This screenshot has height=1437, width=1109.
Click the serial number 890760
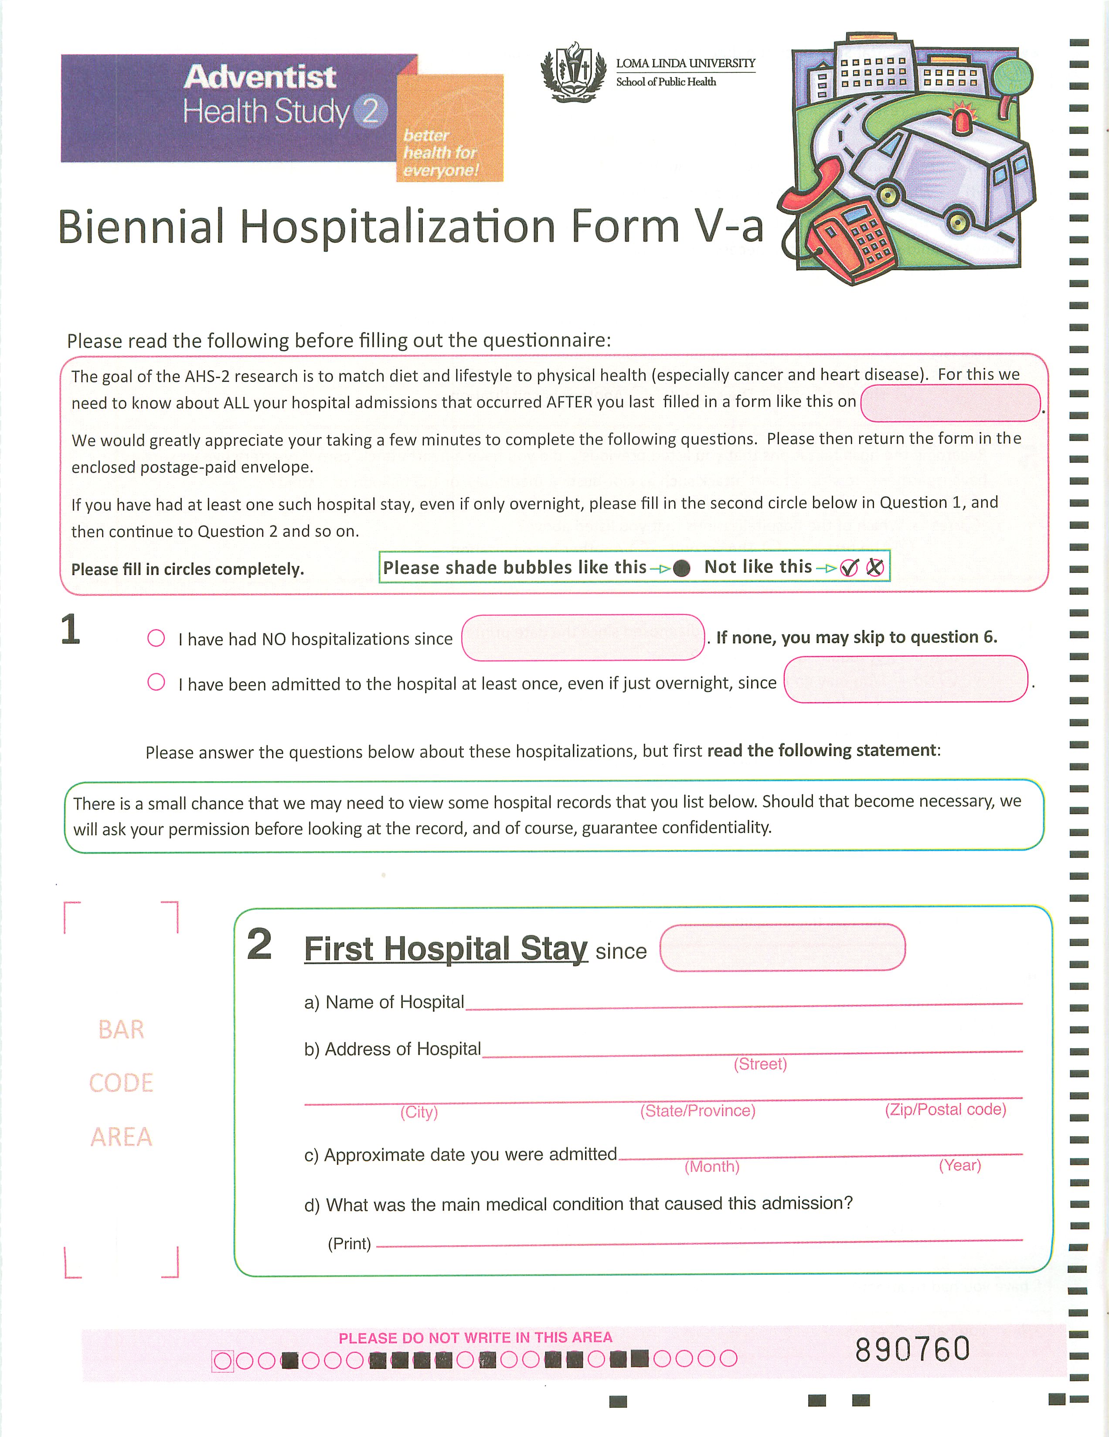(912, 1349)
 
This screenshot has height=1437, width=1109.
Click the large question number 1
(70, 630)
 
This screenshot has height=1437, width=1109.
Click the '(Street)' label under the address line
(760, 1064)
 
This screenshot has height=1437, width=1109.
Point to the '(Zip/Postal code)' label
(945, 1109)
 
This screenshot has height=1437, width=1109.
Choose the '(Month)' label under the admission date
(712, 1167)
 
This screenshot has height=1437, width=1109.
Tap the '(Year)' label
(959, 1165)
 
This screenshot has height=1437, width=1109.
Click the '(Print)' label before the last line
(349, 1243)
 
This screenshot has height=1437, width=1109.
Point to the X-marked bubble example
(875, 567)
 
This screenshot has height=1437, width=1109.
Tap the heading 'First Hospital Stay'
(446, 949)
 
